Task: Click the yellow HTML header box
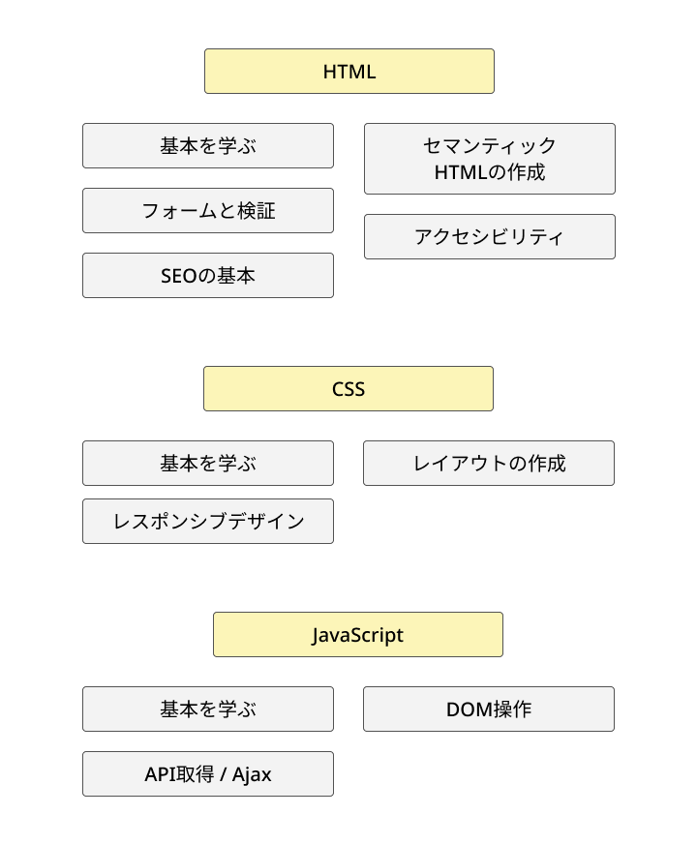pos(348,72)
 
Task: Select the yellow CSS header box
pos(348,389)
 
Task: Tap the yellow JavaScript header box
pos(357,635)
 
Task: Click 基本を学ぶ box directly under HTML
pos(208,146)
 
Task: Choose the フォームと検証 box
pos(208,211)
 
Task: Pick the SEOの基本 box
pos(208,276)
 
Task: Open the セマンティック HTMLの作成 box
pos(489,159)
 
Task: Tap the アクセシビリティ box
pos(489,237)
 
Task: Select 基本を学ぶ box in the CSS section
pos(208,464)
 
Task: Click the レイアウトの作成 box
pos(489,464)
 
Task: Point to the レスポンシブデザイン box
pos(208,522)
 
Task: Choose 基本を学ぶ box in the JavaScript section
pos(208,709)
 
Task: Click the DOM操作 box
pos(489,709)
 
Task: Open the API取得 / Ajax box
pos(208,774)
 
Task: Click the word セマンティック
pos(490,146)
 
